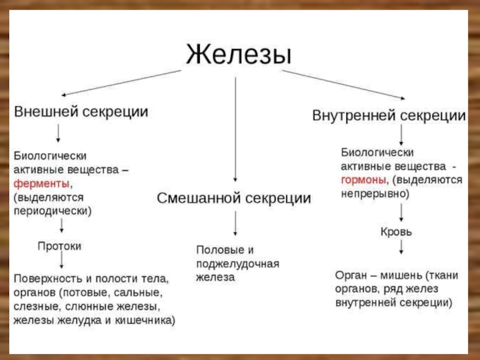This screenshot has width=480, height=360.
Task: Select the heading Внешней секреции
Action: pos(82,112)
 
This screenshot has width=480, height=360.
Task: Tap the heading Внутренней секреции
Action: pos(389,115)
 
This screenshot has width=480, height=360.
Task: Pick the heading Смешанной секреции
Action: pos(234,198)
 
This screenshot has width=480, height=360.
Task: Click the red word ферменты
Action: pos(41,183)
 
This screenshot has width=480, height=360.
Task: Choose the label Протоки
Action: pos(59,246)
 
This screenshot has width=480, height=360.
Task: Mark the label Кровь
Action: pos(397,231)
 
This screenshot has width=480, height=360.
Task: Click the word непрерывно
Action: pos(373,194)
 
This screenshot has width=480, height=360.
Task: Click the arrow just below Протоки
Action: pos(61,261)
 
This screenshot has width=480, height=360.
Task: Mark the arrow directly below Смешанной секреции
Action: pos(235,223)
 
